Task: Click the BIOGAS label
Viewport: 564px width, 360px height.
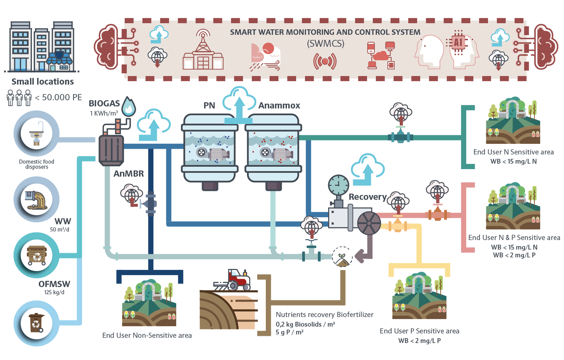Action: pyautogui.click(x=104, y=103)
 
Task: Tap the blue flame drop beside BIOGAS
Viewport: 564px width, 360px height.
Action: pyautogui.click(x=129, y=106)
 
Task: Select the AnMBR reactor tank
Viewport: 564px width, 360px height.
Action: pyautogui.click(x=111, y=150)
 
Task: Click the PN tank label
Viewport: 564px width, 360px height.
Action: pyautogui.click(x=209, y=105)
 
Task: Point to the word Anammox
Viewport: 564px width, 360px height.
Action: pyautogui.click(x=279, y=105)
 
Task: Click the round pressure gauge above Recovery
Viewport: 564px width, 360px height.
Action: pyautogui.click(x=338, y=184)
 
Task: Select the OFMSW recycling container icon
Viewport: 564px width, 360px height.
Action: pyautogui.click(x=37, y=255)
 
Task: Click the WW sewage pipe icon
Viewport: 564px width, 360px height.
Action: pyautogui.click(x=37, y=200)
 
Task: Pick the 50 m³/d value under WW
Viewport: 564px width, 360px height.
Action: pyautogui.click(x=60, y=230)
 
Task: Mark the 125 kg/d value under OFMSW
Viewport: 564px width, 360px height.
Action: pyautogui.click(x=54, y=292)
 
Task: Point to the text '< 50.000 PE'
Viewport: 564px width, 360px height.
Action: pyautogui.click(x=59, y=97)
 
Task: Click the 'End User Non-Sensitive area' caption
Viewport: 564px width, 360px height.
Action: pyautogui.click(x=147, y=335)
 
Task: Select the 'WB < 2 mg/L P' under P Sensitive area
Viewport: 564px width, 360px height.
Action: pyautogui.click(x=419, y=341)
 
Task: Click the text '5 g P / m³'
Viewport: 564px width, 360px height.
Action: pyautogui.click(x=289, y=332)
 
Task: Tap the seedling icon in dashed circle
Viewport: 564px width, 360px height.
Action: pyautogui.click(x=342, y=256)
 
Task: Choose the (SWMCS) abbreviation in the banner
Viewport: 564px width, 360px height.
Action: pyautogui.click(x=325, y=44)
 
